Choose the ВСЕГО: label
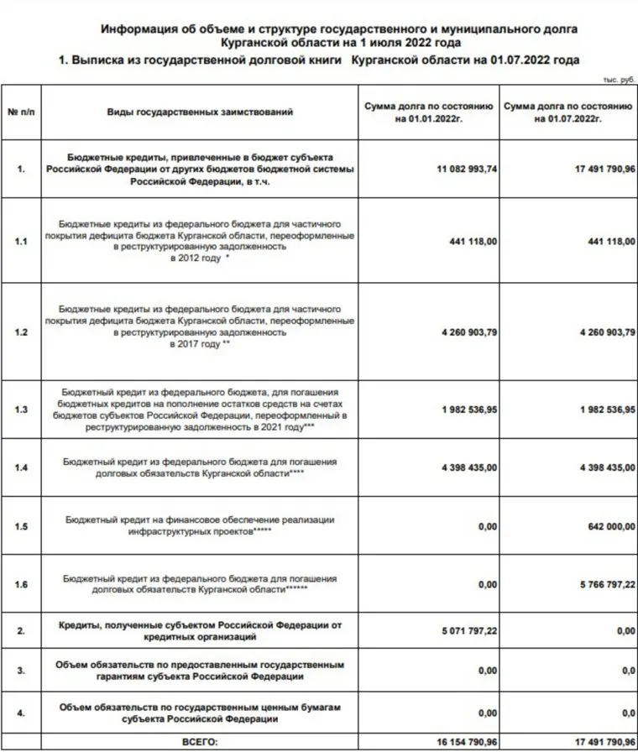[200, 742]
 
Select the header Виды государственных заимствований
[200, 112]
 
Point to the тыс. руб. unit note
[618, 78]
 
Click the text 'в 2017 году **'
[200, 344]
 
